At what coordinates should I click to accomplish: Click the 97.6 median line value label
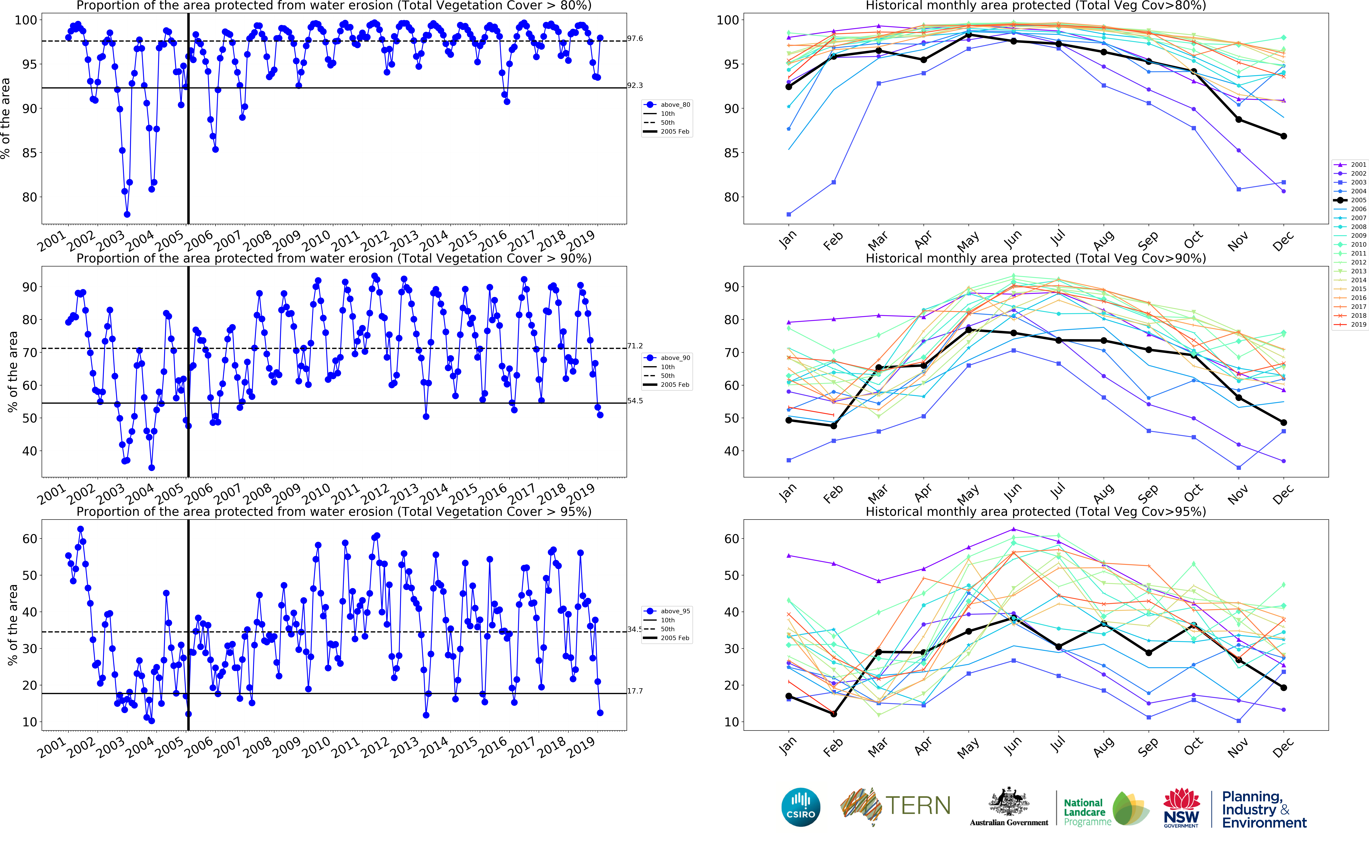[x=635, y=38]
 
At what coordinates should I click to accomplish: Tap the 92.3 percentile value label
[x=635, y=85]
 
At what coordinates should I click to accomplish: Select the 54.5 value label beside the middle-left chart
[x=635, y=401]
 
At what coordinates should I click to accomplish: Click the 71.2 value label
[x=635, y=346]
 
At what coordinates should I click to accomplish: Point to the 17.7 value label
[x=635, y=691]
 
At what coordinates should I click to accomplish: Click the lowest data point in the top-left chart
[x=127, y=214]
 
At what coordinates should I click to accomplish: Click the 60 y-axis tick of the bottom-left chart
[x=30, y=539]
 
